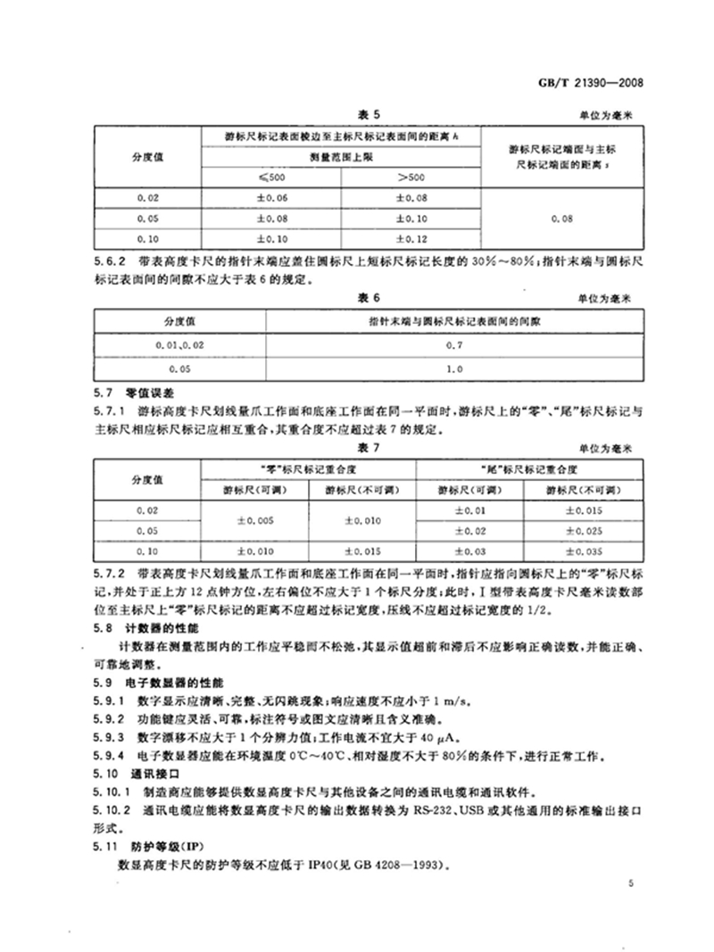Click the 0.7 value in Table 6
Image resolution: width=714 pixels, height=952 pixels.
click(452, 344)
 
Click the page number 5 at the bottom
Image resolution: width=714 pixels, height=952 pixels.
click(630, 883)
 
